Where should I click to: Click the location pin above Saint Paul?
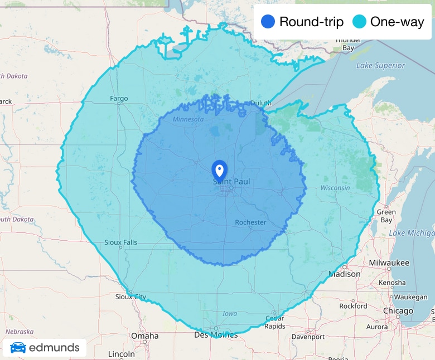pos(220,169)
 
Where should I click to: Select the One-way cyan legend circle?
pos(359,22)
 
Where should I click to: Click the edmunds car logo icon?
pos(18,348)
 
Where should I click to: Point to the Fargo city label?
pos(119,99)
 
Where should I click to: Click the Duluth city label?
pos(260,103)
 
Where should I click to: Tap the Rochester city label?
pos(250,222)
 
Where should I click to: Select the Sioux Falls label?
pos(120,242)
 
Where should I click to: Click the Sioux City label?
pos(130,297)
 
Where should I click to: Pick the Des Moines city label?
pos(216,335)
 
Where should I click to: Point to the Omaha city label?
pos(144,336)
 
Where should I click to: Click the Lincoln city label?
pos(122,354)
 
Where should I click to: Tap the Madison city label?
pos(344,274)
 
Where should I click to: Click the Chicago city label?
pos(398,311)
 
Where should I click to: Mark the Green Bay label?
pos(386,216)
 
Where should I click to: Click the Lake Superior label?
pos(380,66)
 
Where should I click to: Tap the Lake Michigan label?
pos(412,233)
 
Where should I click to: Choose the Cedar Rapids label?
pos(274,323)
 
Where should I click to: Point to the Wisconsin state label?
pos(335,188)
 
